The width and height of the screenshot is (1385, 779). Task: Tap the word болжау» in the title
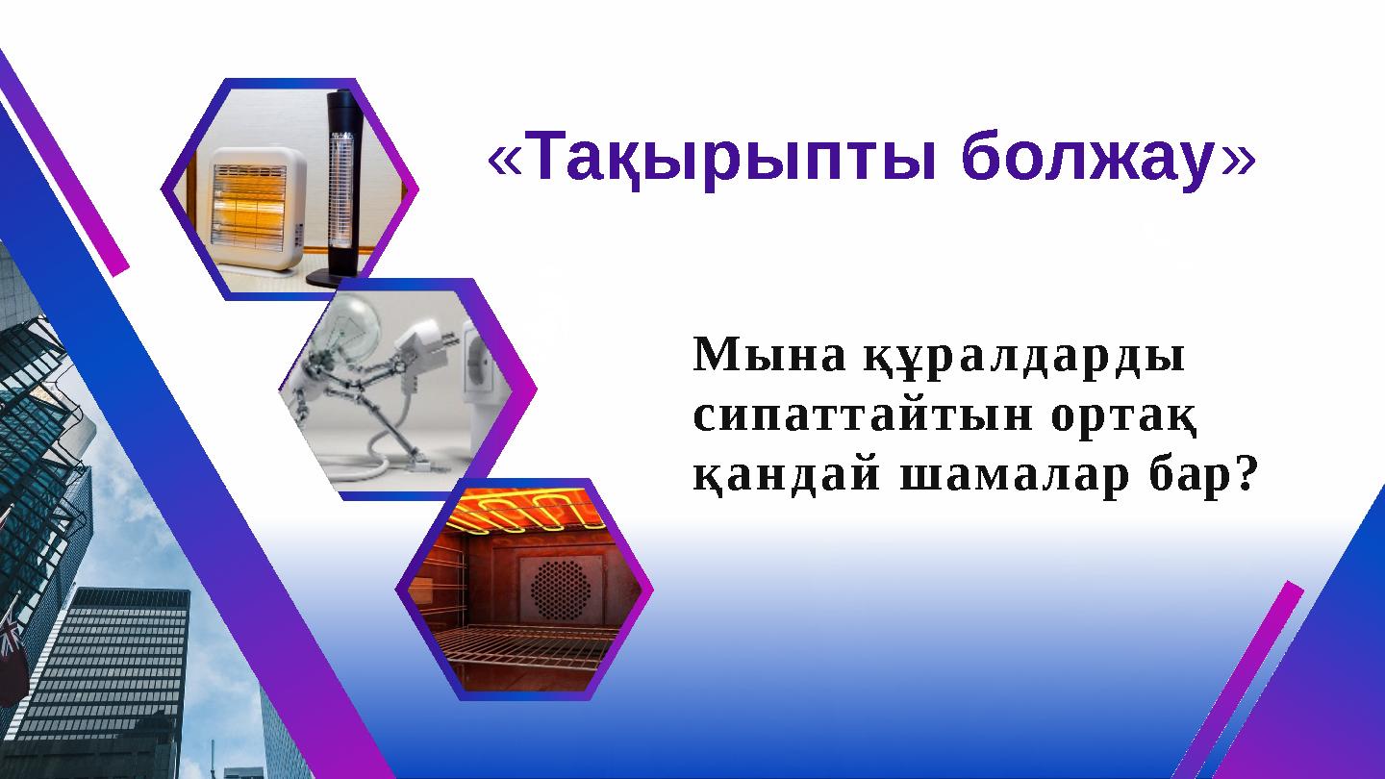point(1107,161)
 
